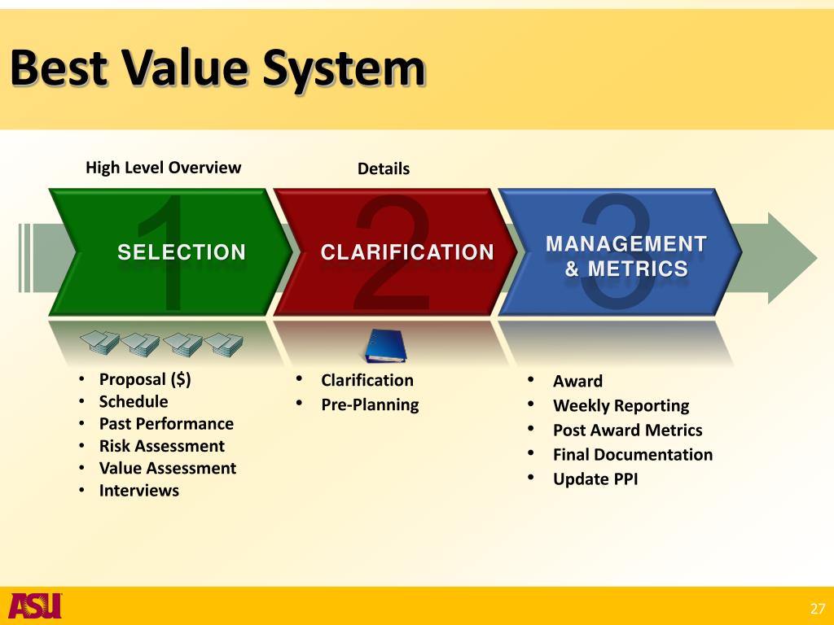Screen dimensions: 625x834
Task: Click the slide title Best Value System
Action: point(217,69)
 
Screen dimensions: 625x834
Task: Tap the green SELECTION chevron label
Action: point(181,252)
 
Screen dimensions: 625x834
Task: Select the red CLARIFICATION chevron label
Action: point(407,252)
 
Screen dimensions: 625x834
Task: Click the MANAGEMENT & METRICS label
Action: point(625,256)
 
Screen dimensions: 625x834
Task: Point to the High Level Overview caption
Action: point(164,168)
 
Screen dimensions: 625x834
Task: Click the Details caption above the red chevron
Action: point(383,168)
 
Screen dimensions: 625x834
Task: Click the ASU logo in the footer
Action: point(35,605)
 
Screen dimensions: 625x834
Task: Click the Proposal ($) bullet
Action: point(145,379)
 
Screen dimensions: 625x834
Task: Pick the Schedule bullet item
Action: point(134,401)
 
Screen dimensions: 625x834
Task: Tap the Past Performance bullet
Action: point(166,423)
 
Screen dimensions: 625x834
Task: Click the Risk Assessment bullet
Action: point(161,446)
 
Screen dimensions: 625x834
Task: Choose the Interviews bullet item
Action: point(139,490)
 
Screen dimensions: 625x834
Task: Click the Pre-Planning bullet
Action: point(370,404)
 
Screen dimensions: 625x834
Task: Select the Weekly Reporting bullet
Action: point(621,405)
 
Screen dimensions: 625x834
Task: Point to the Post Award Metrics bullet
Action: point(627,430)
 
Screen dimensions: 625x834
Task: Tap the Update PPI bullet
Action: point(595,479)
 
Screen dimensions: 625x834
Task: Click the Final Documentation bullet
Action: point(632,454)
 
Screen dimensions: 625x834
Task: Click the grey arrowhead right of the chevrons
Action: point(790,257)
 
